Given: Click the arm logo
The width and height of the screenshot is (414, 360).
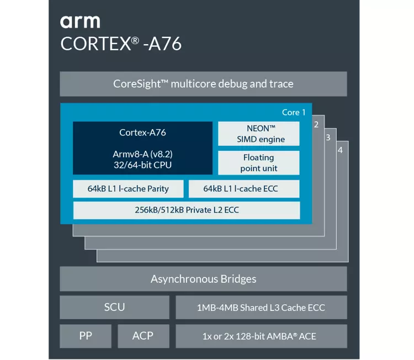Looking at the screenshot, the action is click(x=80, y=22).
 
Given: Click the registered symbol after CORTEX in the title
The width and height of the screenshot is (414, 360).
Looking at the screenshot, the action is click(x=135, y=40).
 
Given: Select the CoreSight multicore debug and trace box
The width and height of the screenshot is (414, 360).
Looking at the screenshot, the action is click(x=203, y=84).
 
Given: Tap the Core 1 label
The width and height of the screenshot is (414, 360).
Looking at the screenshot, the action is click(x=294, y=112).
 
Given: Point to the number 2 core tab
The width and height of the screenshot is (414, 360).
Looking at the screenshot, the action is click(x=316, y=124).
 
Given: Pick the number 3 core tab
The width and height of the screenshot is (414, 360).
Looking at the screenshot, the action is click(x=328, y=137).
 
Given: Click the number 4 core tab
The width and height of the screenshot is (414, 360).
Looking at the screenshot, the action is click(x=340, y=150).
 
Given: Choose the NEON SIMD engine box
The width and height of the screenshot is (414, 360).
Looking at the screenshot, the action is click(x=259, y=134).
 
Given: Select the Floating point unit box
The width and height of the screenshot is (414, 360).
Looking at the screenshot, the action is click(x=259, y=163).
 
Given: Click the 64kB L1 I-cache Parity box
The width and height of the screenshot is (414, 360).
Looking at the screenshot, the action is click(x=128, y=189).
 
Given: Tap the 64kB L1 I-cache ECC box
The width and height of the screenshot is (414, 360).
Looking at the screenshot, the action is click(x=244, y=189).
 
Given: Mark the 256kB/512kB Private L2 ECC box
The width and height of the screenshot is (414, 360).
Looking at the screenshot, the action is click(x=187, y=210).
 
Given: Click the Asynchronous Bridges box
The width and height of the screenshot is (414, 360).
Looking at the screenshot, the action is click(x=203, y=279).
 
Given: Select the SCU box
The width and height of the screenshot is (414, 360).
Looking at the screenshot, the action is click(x=114, y=307).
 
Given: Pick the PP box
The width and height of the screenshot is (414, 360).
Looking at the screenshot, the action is click(x=86, y=336).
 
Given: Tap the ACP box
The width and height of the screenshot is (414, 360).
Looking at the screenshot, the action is click(x=144, y=336).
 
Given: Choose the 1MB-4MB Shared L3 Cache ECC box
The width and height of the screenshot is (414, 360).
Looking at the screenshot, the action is click(x=261, y=307).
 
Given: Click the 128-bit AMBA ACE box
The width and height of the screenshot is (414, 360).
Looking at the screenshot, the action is click(x=261, y=336).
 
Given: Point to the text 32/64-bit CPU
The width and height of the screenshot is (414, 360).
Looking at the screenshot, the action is click(x=142, y=165).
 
